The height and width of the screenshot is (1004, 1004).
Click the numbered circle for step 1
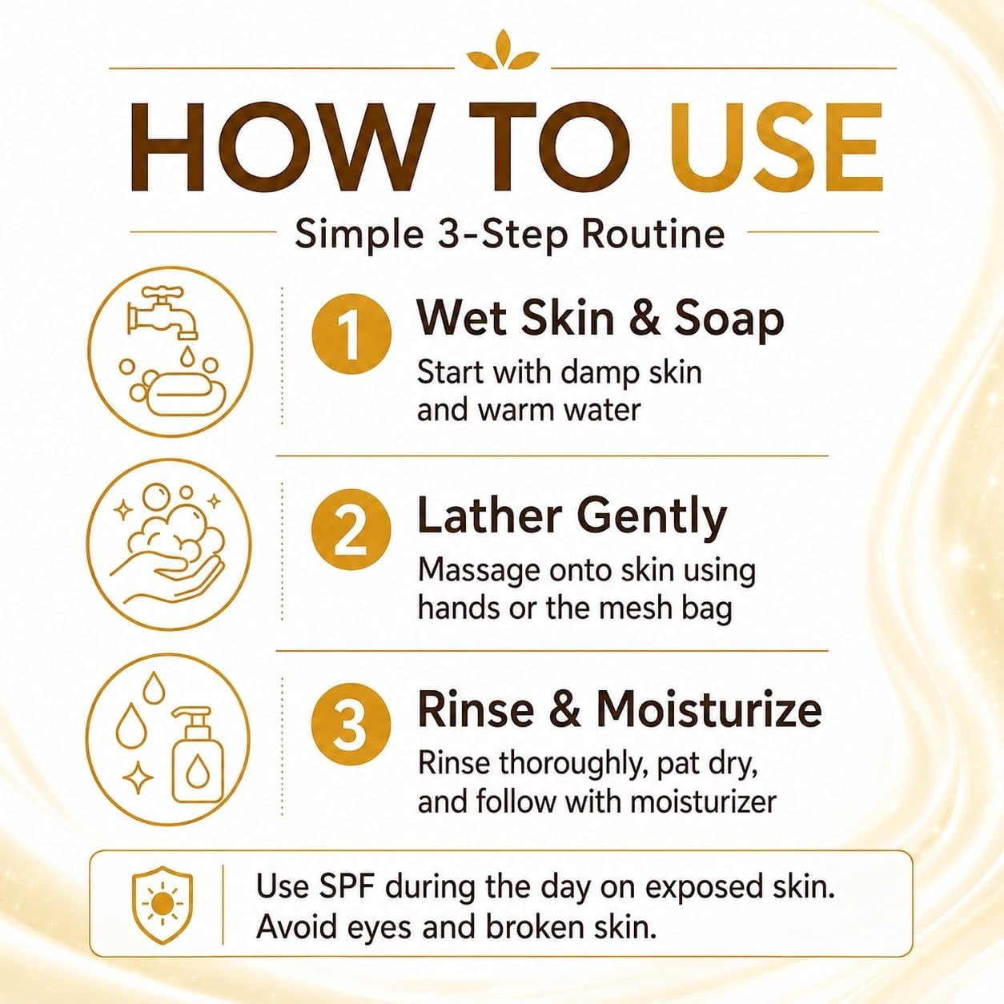point(351,333)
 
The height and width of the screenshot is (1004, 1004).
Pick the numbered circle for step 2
point(351,529)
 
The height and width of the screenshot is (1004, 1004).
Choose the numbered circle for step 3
point(351,724)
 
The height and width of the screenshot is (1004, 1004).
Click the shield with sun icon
point(162,904)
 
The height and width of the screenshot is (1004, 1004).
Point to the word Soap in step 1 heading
point(729,320)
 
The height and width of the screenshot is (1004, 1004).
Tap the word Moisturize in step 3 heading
point(709,710)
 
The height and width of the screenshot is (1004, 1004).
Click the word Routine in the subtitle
point(653,235)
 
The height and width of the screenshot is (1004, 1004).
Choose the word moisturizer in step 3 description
point(704,802)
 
